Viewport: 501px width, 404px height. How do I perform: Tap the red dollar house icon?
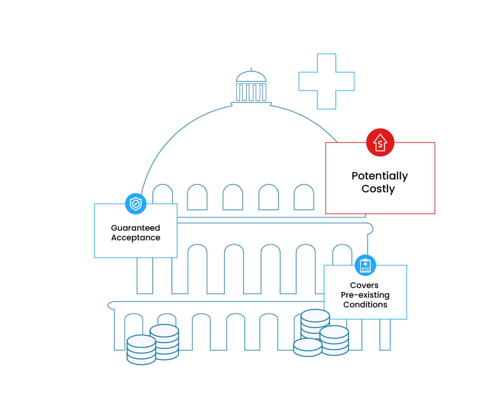coord(380,142)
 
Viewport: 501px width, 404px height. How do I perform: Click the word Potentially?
coord(380,176)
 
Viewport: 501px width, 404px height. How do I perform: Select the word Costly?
coord(378,189)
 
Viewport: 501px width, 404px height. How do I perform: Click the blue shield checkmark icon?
coord(136,203)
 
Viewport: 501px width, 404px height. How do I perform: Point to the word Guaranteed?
coord(135,228)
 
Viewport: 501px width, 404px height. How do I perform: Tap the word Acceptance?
coord(135,238)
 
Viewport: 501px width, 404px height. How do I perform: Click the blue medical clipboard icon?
coord(365,265)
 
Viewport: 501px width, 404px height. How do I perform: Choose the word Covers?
coord(364,285)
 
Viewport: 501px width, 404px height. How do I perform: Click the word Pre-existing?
coord(365,295)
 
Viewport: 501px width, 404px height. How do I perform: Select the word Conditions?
coord(365,305)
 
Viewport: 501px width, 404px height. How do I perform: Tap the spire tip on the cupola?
coord(251,69)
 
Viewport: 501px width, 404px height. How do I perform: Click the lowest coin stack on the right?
coord(307,347)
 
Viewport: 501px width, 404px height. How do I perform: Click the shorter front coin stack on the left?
coord(141,350)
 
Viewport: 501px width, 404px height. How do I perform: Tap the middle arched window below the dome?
coord(233,197)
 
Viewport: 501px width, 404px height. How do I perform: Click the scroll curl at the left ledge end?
coord(111,305)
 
